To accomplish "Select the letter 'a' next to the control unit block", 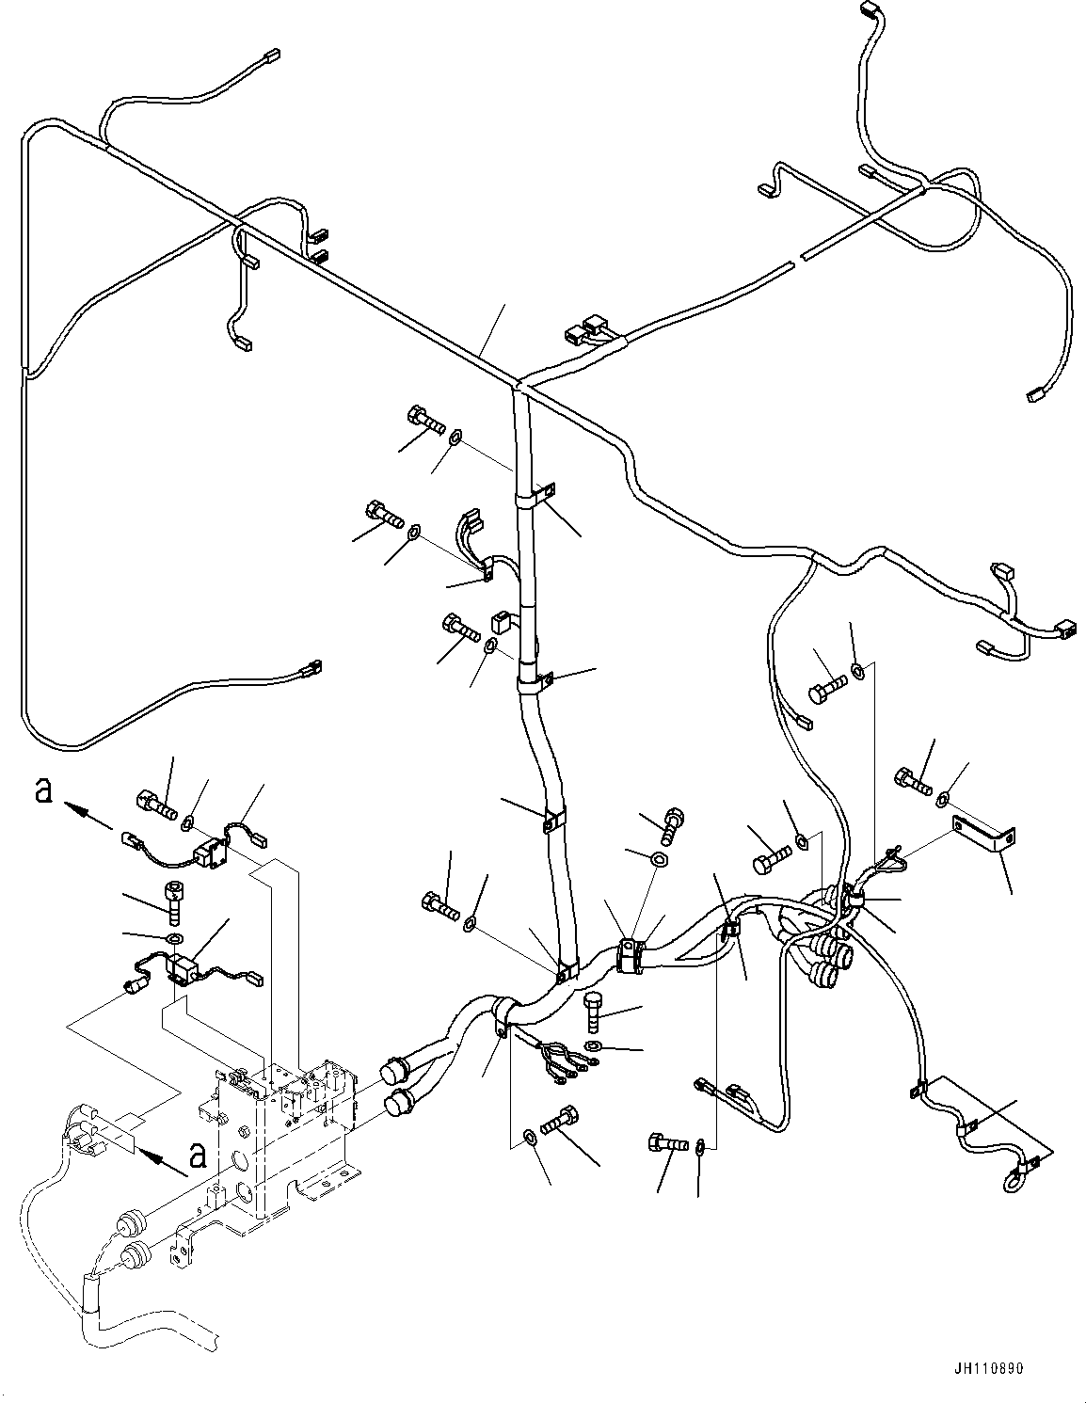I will pyautogui.click(x=196, y=1153).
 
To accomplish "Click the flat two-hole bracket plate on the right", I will pyautogui.click(x=982, y=831).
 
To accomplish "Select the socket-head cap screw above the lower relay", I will pyautogui.click(x=173, y=901).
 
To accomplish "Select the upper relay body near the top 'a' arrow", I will pyautogui.click(x=204, y=855).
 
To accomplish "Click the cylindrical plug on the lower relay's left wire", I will pyautogui.click(x=134, y=986).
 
